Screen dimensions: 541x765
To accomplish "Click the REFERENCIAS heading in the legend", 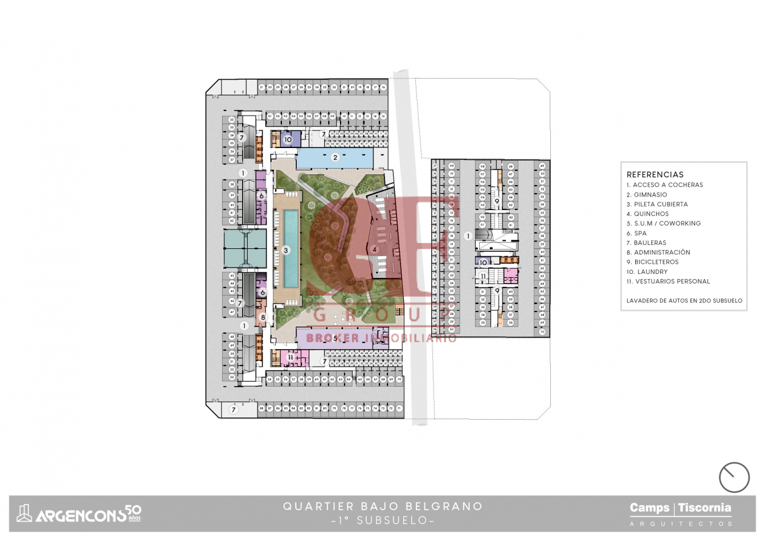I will (654, 174).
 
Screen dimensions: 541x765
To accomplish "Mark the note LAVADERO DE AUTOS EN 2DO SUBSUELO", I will (684, 301).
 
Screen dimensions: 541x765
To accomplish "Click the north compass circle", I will (734, 477).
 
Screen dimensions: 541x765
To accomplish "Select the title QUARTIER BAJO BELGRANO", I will (383, 506).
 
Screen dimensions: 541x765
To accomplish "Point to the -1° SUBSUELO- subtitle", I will (383, 520).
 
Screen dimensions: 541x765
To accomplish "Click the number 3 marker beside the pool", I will (286, 250).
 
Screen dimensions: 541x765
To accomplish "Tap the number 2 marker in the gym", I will (336, 158).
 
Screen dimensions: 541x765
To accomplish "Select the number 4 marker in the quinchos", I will (374, 249).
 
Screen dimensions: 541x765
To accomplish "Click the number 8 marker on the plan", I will (263, 317).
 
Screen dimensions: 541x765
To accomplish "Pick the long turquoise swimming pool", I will (290, 248).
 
